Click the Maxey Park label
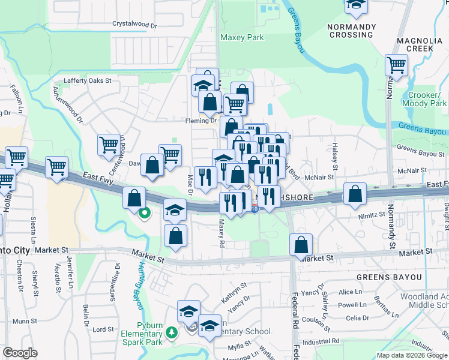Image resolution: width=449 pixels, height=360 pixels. (242, 37)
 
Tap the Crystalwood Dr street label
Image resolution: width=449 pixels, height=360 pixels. (134, 26)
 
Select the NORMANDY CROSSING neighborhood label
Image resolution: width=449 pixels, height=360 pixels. (351, 31)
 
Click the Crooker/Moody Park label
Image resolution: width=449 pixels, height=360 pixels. (427, 100)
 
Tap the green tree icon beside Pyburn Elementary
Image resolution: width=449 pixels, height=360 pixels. (171, 331)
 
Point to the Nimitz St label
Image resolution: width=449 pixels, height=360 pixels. (372, 214)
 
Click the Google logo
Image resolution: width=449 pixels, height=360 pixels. (20, 353)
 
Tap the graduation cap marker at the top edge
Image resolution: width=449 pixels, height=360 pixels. (356, 5)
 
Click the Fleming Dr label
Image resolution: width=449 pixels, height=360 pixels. (200, 121)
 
